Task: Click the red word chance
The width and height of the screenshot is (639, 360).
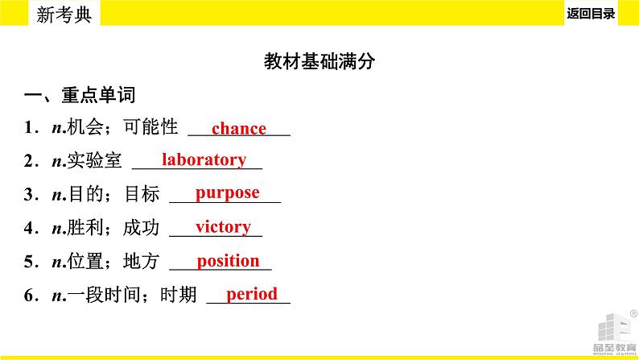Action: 239,128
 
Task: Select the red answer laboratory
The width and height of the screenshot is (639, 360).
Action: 204,159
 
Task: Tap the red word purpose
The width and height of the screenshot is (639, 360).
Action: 228,193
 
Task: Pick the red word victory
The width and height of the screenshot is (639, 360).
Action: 223,227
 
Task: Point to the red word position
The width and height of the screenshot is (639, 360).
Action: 229,261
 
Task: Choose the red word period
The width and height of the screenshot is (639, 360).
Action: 252,294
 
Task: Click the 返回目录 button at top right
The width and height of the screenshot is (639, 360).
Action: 591,14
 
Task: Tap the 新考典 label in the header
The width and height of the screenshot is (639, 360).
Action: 64,14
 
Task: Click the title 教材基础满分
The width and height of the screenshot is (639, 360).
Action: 319,61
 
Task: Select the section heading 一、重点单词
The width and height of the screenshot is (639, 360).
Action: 80,95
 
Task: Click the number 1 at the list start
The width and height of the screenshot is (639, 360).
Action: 28,127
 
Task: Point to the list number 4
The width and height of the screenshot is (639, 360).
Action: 28,228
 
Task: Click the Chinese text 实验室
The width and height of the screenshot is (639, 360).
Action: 94,160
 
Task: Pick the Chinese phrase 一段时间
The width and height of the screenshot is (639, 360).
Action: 104,295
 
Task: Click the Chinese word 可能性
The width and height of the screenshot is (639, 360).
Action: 150,126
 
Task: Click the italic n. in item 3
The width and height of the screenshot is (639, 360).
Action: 59,195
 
